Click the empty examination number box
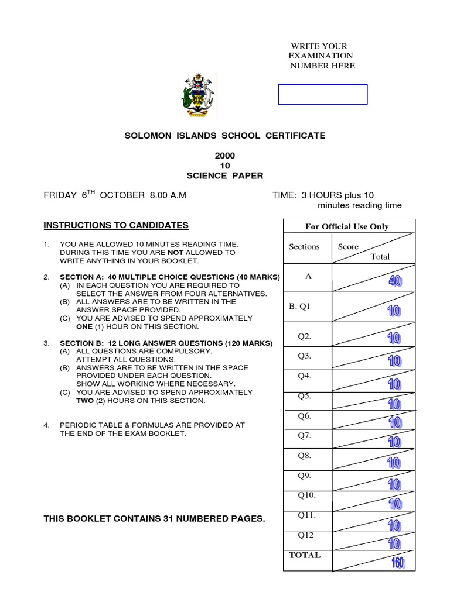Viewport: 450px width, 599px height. [322, 94]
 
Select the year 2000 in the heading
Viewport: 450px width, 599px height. [225, 156]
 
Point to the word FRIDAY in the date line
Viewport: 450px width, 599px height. [60, 195]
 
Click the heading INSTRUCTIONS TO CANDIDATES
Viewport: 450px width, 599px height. [116, 225]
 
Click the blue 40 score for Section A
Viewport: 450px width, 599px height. [395, 281]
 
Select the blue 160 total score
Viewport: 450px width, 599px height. [398, 563]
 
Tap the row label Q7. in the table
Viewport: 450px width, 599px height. [305, 435]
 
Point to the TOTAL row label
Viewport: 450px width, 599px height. [305, 555]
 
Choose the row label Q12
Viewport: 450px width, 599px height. [306, 534]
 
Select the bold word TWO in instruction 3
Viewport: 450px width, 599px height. [69, 401]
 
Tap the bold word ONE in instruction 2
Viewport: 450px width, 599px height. [68, 326]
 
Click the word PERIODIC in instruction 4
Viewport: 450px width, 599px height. [77, 425]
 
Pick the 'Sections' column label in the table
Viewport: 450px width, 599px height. [304, 246]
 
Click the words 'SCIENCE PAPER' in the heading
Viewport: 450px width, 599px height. [225, 175]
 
